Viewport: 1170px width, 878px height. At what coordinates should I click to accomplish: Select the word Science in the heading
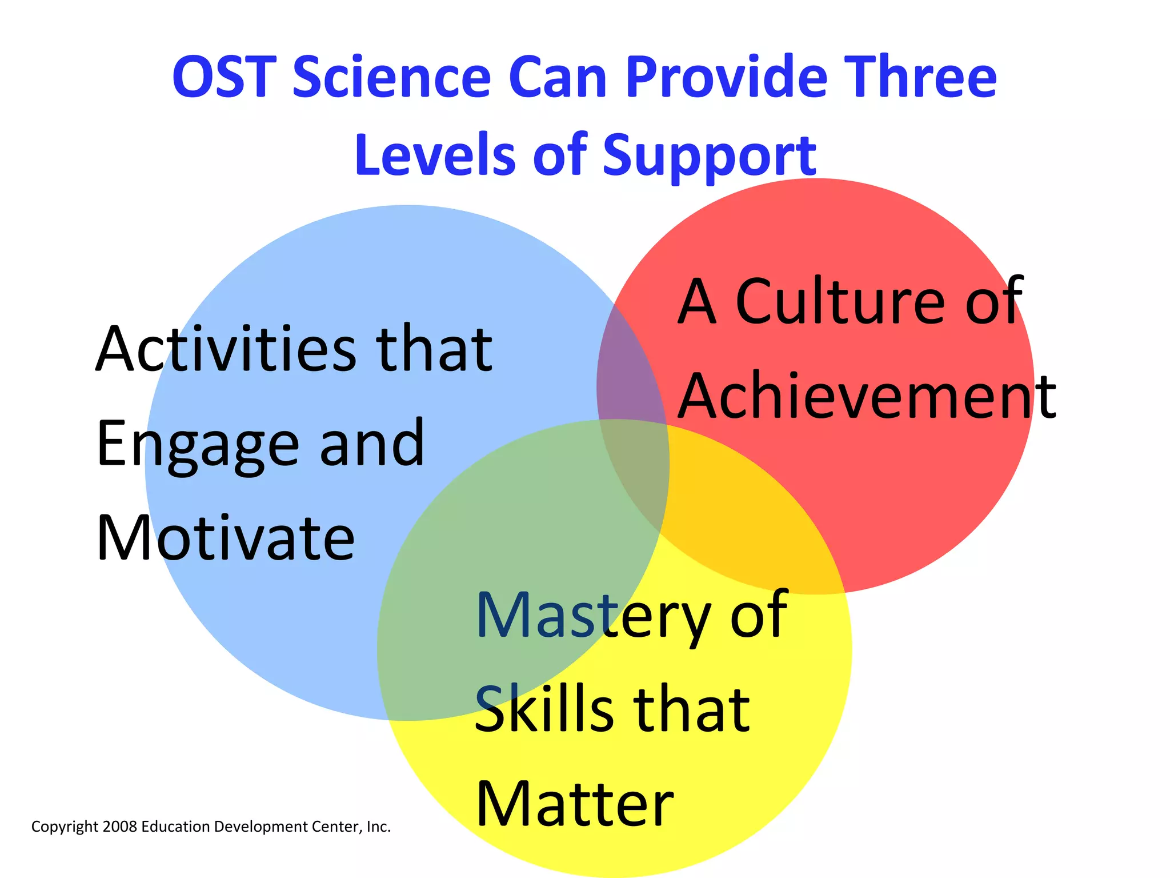391,77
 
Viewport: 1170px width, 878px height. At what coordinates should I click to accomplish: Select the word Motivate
226,538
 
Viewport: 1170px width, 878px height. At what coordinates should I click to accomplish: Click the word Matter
574,804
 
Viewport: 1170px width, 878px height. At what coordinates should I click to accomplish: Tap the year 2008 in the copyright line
120,827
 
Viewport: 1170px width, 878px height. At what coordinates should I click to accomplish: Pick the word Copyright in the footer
65,827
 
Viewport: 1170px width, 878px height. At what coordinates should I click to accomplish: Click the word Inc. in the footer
378,827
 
